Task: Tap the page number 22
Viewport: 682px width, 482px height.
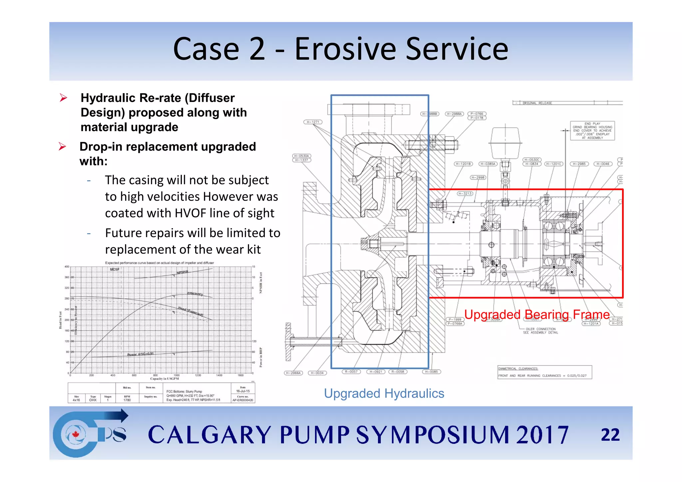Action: click(x=610, y=435)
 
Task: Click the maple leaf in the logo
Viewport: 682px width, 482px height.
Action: click(x=76, y=434)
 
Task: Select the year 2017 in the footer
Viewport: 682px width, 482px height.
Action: click(x=542, y=435)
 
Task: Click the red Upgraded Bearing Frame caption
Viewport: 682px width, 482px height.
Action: click(x=537, y=314)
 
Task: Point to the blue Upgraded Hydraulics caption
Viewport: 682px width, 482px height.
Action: click(x=384, y=393)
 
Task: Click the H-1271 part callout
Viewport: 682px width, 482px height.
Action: click(x=313, y=122)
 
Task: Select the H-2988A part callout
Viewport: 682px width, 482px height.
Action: click(x=454, y=114)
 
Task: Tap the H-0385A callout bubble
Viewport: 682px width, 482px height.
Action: click(x=488, y=164)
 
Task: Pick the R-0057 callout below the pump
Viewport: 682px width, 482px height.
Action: click(x=351, y=372)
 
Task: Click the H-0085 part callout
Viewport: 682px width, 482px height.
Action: click(x=432, y=372)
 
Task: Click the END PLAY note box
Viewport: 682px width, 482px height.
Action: click(x=592, y=131)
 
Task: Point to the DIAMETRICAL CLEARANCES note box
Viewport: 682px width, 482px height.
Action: click(x=544, y=372)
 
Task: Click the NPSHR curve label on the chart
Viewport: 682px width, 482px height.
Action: click(x=182, y=272)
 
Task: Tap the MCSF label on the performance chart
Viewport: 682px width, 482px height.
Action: click(x=115, y=269)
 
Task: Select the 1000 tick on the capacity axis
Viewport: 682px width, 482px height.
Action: click(x=176, y=375)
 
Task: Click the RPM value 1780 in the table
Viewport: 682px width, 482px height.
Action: click(x=127, y=400)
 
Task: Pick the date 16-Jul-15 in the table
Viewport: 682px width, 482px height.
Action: click(x=243, y=391)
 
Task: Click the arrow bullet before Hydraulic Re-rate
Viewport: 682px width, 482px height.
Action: click(x=63, y=98)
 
